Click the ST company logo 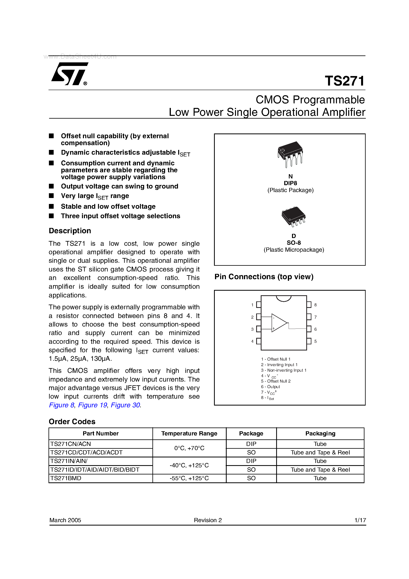(69, 74)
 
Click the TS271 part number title (344, 81)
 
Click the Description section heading (70, 231)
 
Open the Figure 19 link (92, 405)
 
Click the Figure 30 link (125, 405)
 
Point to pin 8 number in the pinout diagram (315, 305)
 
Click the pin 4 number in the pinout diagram (252, 341)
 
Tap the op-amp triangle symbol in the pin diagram (279, 323)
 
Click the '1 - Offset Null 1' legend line (276, 359)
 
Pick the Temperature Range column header (189, 433)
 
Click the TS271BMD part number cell (66, 478)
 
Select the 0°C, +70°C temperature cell (189, 448)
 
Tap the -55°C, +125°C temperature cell (189, 478)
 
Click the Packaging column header (320, 433)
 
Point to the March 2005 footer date (65, 520)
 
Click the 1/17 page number (360, 520)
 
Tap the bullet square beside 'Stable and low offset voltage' (51, 206)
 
